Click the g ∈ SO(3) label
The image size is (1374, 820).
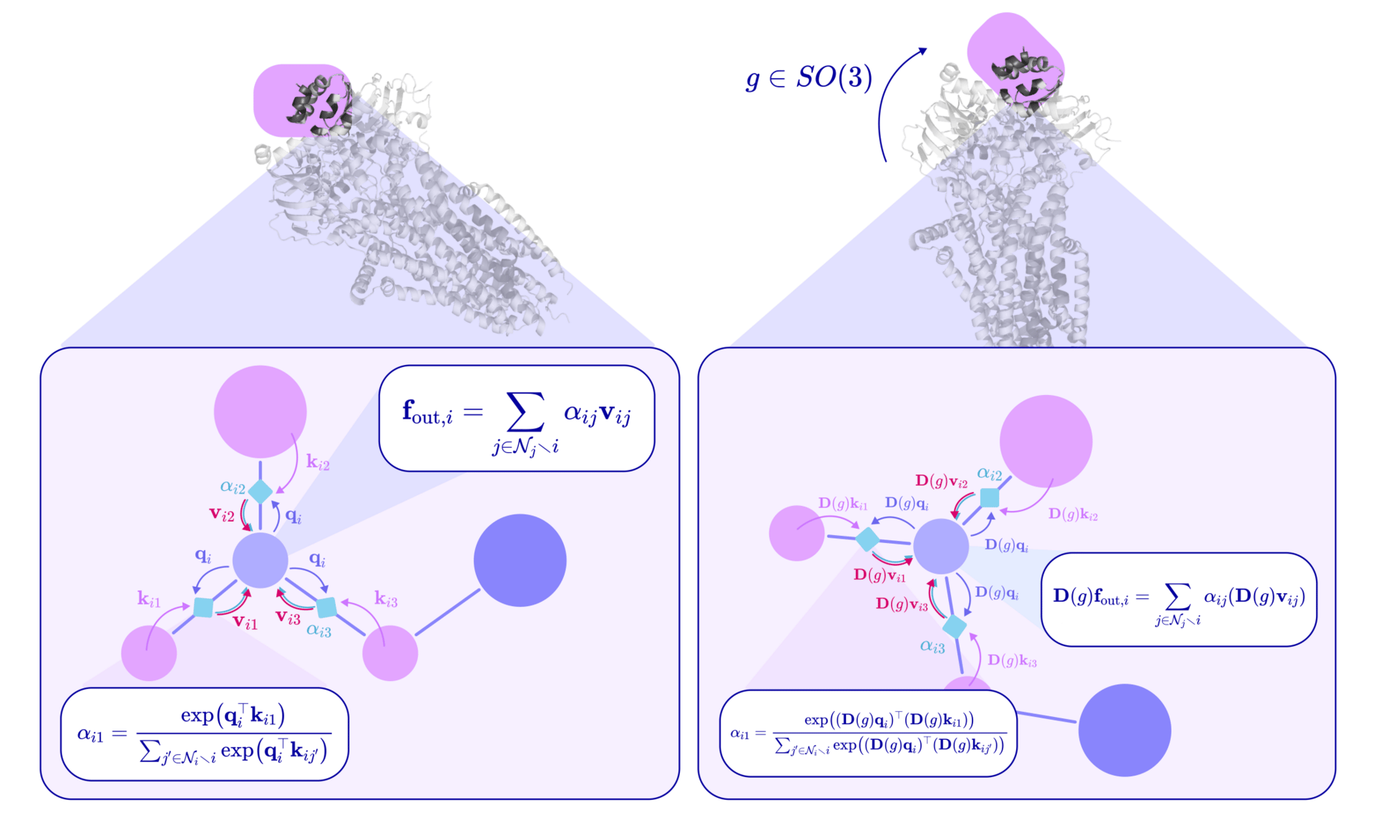pos(809,77)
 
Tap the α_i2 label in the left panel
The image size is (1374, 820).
pos(233,488)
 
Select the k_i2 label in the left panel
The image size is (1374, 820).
pos(318,462)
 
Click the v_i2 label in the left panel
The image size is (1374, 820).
pos(222,514)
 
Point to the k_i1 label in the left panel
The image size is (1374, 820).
pos(149,599)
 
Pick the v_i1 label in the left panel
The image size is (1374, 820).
pos(245,623)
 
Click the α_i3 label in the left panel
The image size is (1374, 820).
pos(318,630)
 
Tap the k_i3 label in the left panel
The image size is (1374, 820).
pos(386,599)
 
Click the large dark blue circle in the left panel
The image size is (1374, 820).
pos(520,560)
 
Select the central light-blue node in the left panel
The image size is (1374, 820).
pos(260,560)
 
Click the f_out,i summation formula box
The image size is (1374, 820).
pos(517,419)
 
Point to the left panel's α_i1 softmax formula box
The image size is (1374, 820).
pos(205,734)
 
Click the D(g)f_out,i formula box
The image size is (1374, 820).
pos(1179,600)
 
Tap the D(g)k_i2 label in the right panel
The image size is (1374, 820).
pos(1073,514)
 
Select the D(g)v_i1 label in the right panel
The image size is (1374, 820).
pos(880,575)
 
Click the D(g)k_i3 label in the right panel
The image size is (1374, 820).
pos(1012,660)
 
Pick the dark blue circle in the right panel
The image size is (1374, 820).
pos(1124,730)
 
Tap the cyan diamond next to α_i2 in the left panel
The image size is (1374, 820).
pos(260,492)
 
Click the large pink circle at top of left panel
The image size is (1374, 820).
pos(260,411)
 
